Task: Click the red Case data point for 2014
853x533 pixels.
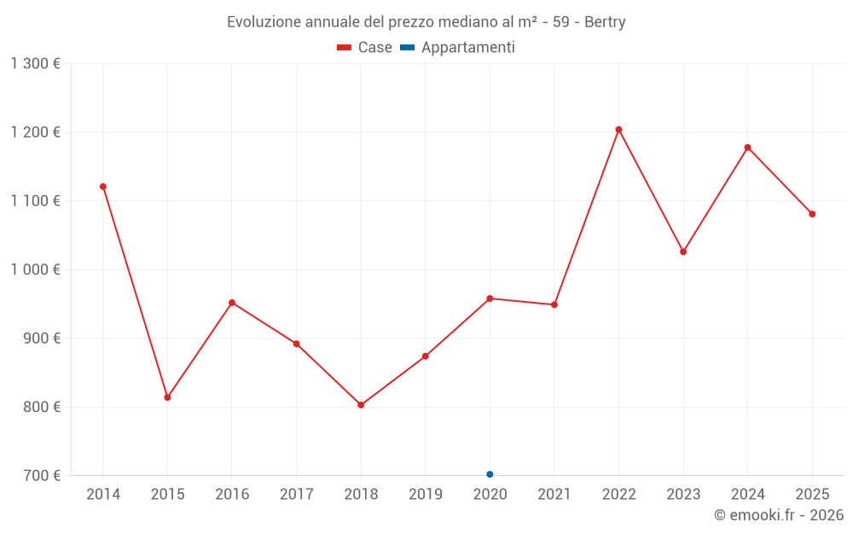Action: [103, 187]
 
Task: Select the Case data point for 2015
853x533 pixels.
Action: [167, 397]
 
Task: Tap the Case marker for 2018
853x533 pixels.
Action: [361, 405]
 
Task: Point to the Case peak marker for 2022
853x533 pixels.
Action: [619, 130]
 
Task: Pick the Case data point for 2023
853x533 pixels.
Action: [683, 252]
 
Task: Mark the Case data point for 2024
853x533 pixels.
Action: [748, 148]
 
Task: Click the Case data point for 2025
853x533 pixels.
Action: [812, 214]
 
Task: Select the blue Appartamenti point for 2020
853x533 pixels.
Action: [490, 474]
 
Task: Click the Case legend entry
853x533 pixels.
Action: [365, 48]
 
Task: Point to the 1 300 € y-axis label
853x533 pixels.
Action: [35, 64]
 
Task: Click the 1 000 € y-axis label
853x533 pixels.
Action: [35, 269]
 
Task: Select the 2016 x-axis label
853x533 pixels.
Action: [232, 495]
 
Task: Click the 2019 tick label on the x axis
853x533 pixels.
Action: [425, 495]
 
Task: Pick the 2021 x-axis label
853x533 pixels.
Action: [554, 495]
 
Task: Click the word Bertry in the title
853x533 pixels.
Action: [605, 22]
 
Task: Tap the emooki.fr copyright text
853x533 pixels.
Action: [778, 515]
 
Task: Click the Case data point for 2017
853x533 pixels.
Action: [296, 344]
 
